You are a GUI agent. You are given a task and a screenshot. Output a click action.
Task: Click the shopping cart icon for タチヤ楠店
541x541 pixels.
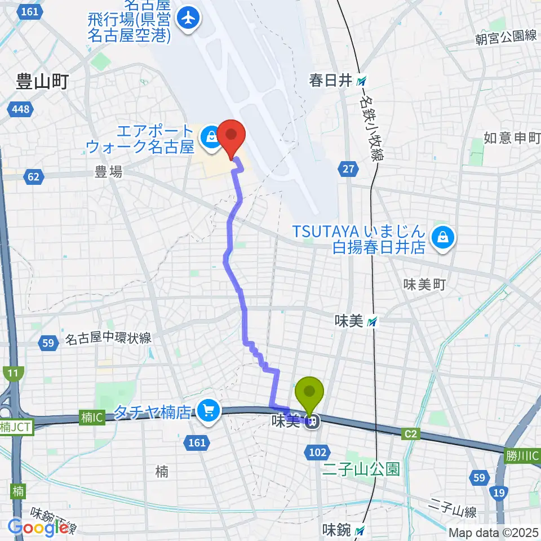(209, 412)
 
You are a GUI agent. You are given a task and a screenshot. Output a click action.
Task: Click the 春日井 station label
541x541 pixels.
(330, 80)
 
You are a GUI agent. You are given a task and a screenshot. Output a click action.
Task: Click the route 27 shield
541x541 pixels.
(348, 168)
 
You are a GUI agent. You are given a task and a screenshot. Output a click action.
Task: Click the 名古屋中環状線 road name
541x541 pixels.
(108, 338)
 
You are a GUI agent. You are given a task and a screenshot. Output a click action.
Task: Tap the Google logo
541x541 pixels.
(38, 527)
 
